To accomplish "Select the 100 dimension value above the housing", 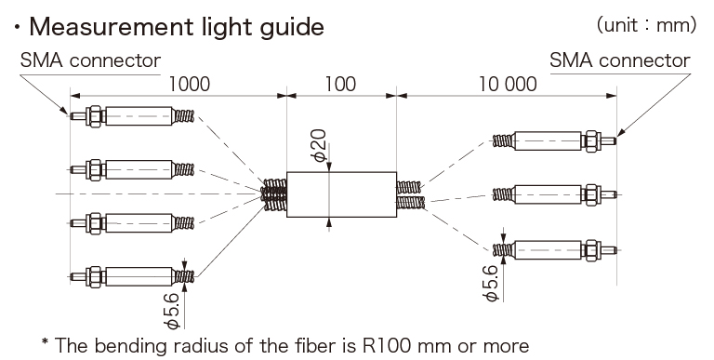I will click(340, 84).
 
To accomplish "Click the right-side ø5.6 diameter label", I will click(490, 280).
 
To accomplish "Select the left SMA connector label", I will click(90, 60).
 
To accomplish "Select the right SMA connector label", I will click(620, 60).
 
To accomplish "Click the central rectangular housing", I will click(340, 193).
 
